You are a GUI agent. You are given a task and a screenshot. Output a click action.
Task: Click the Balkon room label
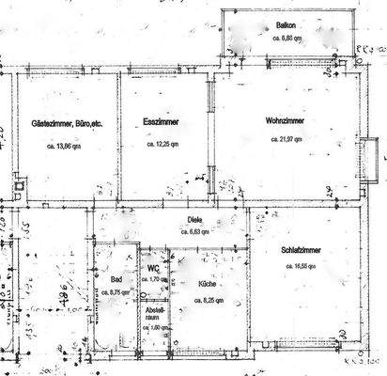pyautogui.click(x=286, y=25)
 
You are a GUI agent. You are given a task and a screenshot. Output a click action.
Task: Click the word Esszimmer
pyautogui.click(x=163, y=123)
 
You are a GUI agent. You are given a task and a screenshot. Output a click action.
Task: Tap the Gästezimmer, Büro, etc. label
pyautogui.click(x=67, y=123)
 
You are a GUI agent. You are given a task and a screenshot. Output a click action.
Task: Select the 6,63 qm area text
pyautogui.click(x=195, y=231)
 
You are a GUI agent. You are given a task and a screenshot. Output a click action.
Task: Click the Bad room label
pyautogui.click(x=116, y=280)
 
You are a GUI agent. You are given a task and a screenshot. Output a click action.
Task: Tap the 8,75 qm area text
pyautogui.click(x=116, y=291)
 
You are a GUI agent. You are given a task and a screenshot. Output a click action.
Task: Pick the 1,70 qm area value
pyautogui.click(x=153, y=280)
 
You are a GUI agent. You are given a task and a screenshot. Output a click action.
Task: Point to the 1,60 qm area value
pyautogui.click(x=152, y=327)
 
